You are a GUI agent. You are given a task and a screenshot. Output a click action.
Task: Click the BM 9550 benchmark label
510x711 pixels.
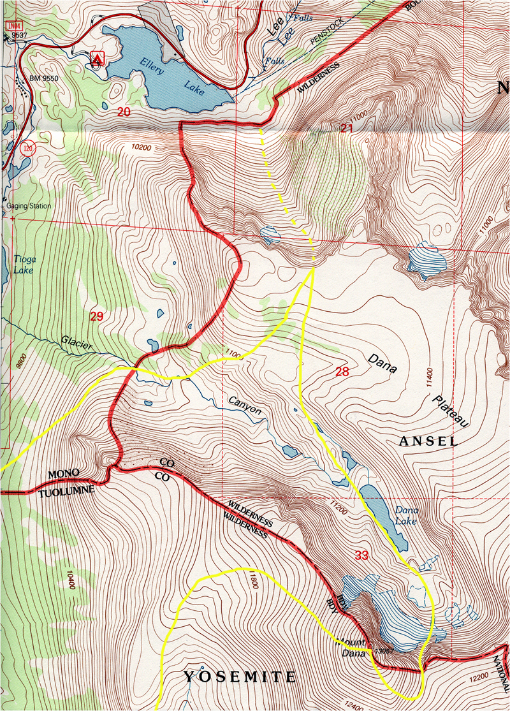[44, 78]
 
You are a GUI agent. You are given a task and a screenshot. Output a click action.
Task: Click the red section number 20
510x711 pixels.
[124, 111]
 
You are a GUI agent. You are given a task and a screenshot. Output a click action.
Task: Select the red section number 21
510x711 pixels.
[346, 128]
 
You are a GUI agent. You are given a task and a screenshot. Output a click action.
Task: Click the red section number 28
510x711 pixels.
[341, 371]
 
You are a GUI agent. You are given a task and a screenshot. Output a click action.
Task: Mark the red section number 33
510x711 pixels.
[361, 555]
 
